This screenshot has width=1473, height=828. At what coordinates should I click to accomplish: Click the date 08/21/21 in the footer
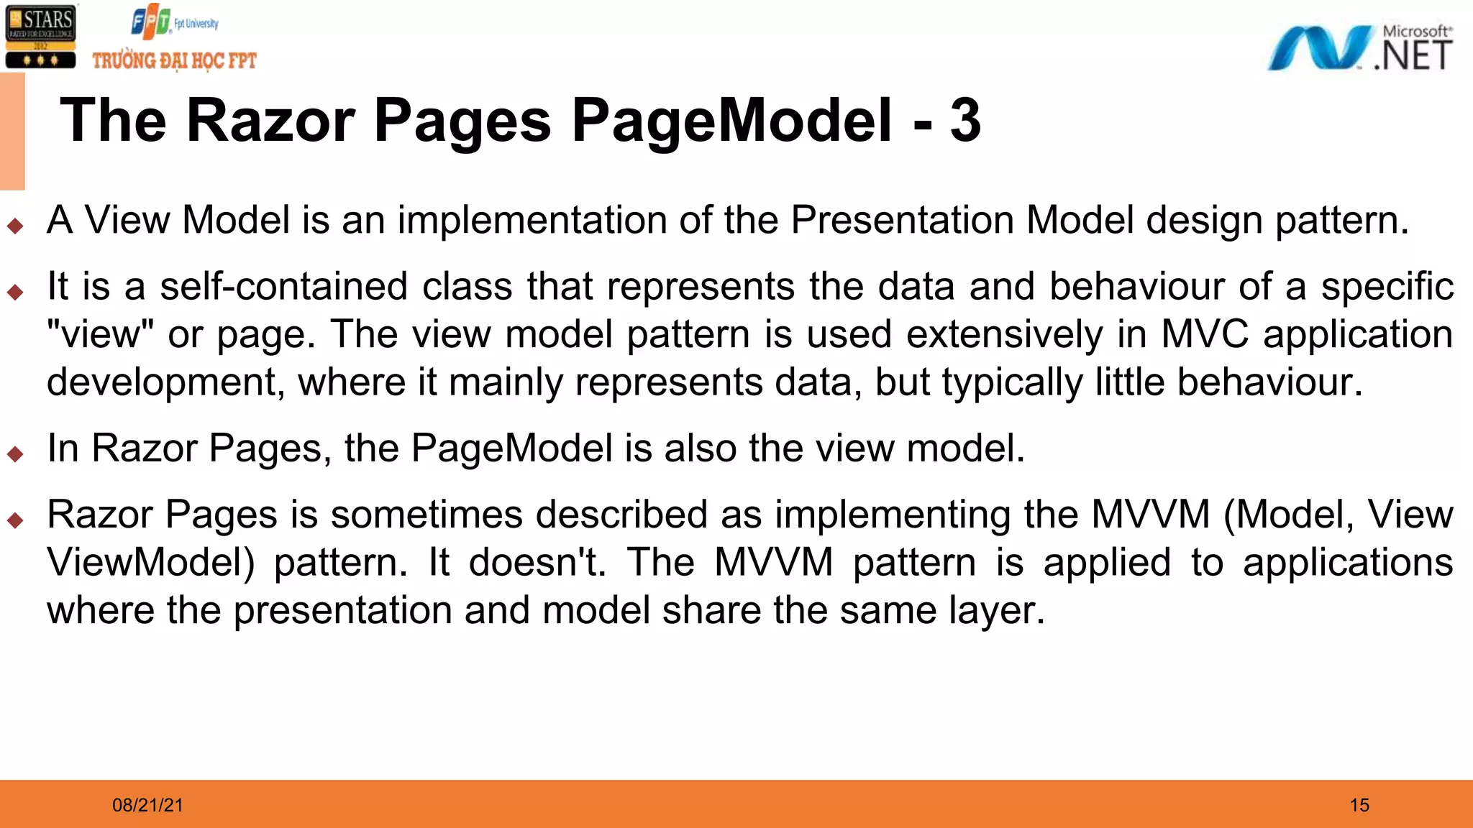[x=147, y=805]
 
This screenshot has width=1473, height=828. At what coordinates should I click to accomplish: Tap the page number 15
[x=1359, y=805]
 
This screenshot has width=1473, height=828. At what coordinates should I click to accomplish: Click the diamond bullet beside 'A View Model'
[x=15, y=226]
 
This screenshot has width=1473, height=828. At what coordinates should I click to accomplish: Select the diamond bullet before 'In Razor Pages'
[x=15, y=454]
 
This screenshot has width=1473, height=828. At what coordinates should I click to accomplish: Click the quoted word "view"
[x=101, y=334]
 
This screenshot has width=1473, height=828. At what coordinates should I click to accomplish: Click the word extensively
[x=1004, y=334]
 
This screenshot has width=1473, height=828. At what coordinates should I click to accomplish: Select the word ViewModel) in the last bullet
[x=151, y=562]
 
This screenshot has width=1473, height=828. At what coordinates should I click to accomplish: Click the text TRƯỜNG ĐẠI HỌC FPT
[x=174, y=60]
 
